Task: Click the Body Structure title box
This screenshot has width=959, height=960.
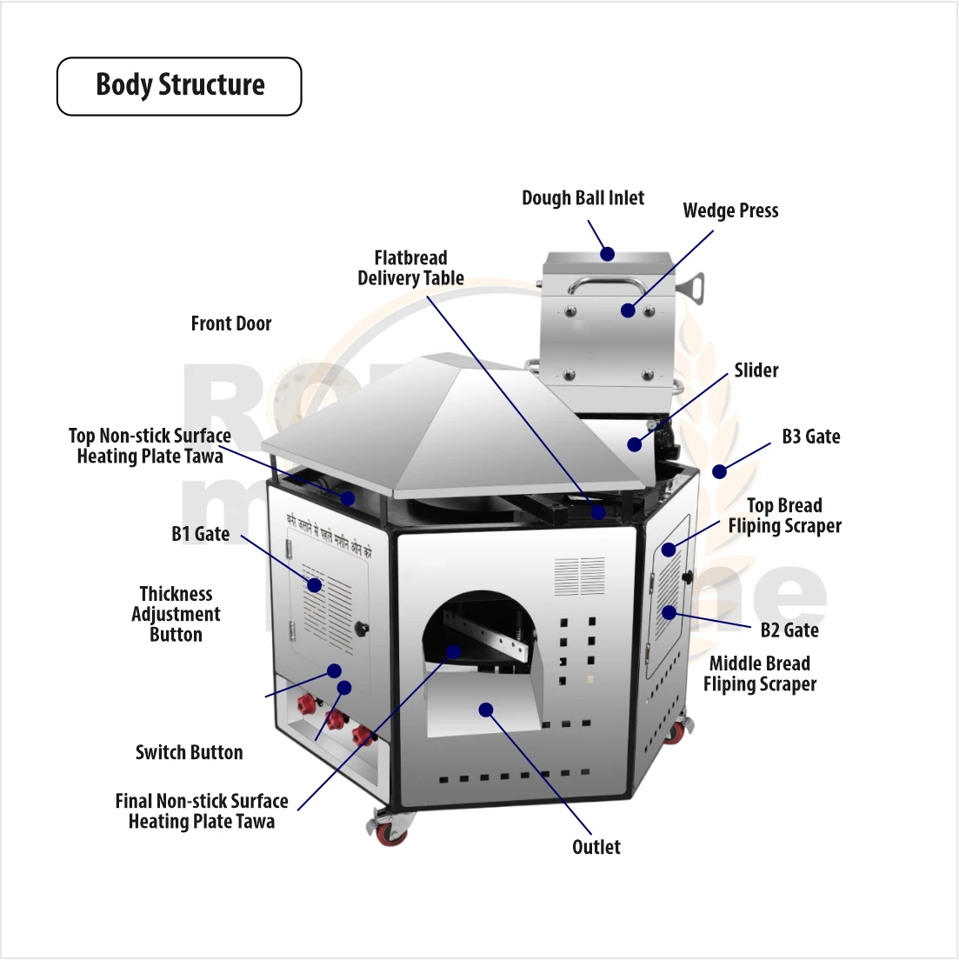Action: pyautogui.click(x=179, y=86)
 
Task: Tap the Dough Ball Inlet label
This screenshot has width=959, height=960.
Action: pyautogui.click(x=583, y=198)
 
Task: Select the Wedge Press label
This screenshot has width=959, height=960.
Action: pyautogui.click(x=730, y=211)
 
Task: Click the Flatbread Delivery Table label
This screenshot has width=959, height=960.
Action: pyautogui.click(x=410, y=268)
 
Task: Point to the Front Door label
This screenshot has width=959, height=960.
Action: pyautogui.click(x=231, y=323)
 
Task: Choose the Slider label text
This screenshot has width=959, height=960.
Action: pyautogui.click(x=756, y=370)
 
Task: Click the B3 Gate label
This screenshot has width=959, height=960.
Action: pyautogui.click(x=810, y=437)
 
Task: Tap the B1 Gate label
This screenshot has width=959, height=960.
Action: pyautogui.click(x=200, y=534)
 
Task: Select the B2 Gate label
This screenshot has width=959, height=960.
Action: pyautogui.click(x=789, y=630)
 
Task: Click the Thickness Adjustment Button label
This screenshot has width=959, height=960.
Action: pyautogui.click(x=176, y=614)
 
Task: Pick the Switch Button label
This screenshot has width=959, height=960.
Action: pyautogui.click(x=189, y=753)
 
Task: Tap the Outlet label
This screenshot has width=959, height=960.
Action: pyautogui.click(x=596, y=847)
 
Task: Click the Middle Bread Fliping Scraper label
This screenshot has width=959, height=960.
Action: pyautogui.click(x=759, y=674)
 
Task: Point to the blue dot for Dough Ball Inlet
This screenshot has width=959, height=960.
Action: pyautogui.click(x=608, y=254)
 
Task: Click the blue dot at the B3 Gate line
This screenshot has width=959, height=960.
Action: pyautogui.click(x=719, y=472)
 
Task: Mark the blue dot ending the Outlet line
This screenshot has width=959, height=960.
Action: pyautogui.click(x=486, y=710)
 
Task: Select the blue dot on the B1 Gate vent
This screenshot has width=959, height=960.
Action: pyautogui.click(x=315, y=585)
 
